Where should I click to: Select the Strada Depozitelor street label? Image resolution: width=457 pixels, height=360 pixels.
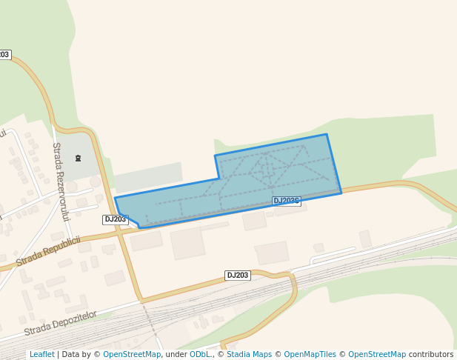point(61,323)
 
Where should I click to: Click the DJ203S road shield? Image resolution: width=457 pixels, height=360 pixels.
point(286,201)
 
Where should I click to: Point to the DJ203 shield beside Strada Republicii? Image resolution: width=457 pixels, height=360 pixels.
point(116,219)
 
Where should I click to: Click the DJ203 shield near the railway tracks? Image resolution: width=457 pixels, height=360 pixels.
point(238,276)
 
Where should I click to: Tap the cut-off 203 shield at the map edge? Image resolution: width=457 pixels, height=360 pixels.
point(4,55)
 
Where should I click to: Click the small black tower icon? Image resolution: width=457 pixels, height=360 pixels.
point(79,157)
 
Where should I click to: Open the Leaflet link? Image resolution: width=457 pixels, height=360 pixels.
point(41,355)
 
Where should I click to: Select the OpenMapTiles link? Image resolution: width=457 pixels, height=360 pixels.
point(310,355)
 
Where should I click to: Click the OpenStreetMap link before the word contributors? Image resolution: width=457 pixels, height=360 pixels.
point(377,355)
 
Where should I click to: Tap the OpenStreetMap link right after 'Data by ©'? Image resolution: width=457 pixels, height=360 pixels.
point(132,355)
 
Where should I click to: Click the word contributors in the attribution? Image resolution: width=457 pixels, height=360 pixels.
point(431,355)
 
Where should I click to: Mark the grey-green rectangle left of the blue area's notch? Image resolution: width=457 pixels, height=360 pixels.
point(148,178)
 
